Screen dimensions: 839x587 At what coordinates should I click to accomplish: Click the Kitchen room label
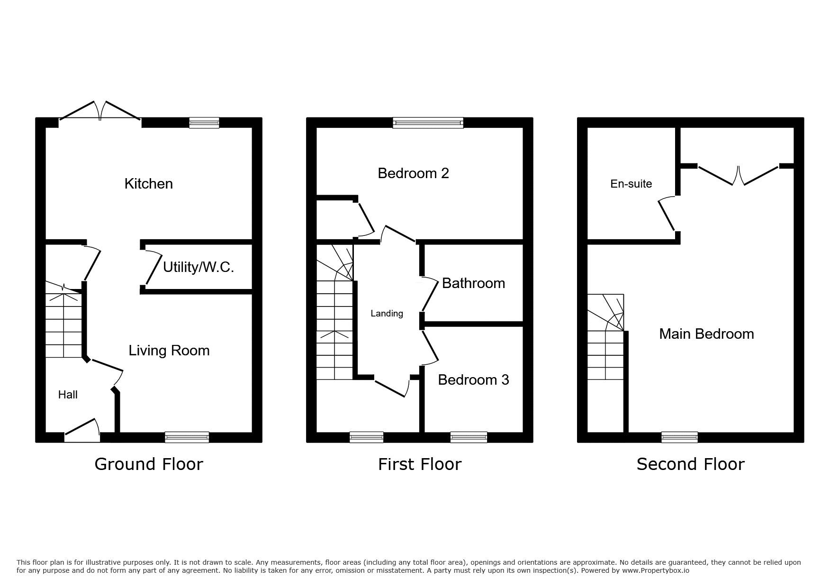tap(148, 184)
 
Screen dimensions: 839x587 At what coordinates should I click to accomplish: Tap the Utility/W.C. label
tap(198, 267)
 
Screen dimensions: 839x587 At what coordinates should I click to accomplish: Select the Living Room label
tap(169, 351)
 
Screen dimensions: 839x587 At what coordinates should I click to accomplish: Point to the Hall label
tap(68, 395)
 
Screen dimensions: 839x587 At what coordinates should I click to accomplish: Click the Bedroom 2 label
tap(413, 173)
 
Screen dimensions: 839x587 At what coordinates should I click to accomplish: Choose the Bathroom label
tap(473, 283)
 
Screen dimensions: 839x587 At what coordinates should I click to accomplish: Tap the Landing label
tap(387, 314)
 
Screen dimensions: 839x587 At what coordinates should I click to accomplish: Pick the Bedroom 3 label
tap(473, 380)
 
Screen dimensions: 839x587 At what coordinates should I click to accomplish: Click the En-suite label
tap(631, 184)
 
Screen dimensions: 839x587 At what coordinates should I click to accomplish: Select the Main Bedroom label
tap(706, 334)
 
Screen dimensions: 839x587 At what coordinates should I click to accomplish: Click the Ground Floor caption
tap(149, 464)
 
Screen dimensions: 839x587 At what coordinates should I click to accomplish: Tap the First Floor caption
tap(420, 464)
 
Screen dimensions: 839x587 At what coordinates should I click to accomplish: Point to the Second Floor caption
tap(690, 464)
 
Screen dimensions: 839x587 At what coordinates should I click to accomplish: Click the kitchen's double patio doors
tap(99, 112)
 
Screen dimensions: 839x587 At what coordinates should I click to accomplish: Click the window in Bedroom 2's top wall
tap(428, 123)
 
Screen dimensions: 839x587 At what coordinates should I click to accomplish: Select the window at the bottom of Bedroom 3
tap(469, 437)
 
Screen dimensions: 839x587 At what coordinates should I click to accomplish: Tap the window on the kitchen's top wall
tap(204, 123)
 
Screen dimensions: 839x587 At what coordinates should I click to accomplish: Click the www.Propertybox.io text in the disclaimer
tap(655, 571)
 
